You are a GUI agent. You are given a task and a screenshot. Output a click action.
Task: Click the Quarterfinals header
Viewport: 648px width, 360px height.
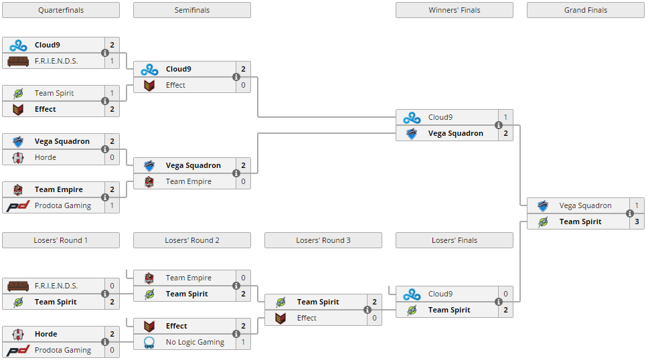(x=61, y=10)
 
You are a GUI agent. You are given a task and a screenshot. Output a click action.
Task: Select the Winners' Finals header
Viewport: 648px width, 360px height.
(x=454, y=10)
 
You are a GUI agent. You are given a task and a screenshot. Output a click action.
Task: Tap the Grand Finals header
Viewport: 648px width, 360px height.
(x=585, y=10)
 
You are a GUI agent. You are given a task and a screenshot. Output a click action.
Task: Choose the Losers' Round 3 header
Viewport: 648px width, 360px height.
(x=323, y=240)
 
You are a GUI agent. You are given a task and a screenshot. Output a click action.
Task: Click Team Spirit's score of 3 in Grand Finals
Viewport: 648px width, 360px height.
(x=637, y=221)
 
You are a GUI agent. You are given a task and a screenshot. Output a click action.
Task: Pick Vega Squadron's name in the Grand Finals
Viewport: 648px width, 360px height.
(x=585, y=205)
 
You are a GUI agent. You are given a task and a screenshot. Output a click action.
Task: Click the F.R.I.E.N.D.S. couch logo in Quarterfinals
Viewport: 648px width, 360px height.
(x=18, y=61)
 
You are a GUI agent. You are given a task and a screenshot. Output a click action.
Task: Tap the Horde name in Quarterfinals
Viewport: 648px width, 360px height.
(x=46, y=157)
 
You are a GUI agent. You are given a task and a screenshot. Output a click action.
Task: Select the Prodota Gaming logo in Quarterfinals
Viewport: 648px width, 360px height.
(x=18, y=205)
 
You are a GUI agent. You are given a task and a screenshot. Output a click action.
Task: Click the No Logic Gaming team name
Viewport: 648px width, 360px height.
(x=195, y=342)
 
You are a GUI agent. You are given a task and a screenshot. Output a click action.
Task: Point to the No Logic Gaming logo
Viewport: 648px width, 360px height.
(x=149, y=342)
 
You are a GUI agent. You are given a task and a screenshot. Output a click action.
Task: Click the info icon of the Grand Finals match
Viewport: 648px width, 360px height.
(x=630, y=213)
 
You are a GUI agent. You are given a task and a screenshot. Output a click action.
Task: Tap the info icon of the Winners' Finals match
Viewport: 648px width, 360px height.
(x=499, y=125)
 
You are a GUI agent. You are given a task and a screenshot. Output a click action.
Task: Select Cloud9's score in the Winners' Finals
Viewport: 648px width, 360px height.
(x=505, y=117)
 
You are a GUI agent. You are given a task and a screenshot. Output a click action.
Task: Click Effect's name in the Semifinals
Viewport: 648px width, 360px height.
(x=175, y=85)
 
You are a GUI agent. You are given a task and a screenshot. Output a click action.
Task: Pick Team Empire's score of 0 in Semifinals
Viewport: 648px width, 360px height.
(x=243, y=181)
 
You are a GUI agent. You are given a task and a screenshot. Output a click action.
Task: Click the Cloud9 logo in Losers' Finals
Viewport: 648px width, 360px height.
(x=412, y=294)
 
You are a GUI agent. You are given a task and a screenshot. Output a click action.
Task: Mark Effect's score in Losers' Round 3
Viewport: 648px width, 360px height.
(x=374, y=318)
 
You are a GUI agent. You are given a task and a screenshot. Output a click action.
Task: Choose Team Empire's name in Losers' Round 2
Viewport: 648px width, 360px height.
(x=188, y=278)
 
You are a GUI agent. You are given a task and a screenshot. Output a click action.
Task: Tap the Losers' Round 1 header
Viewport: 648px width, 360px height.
(x=61, y=240)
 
